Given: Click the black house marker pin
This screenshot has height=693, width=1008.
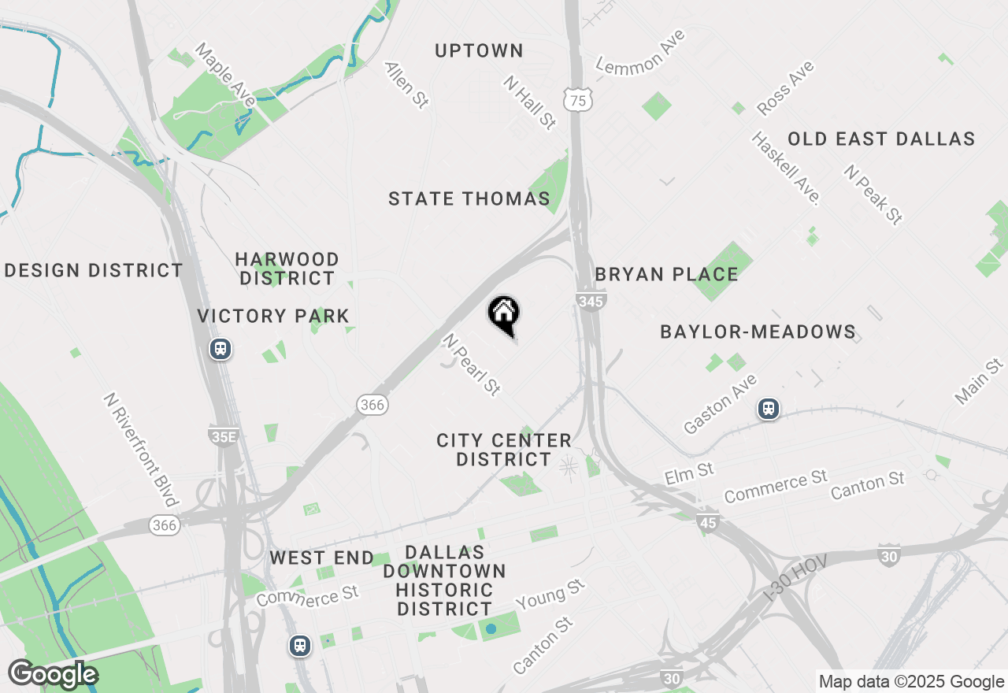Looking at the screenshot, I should point(504,315).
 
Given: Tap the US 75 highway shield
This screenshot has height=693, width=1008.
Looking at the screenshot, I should point(578,100).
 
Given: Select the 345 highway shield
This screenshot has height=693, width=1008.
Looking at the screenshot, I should point(591,301).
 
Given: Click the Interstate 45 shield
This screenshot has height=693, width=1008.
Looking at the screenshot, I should point(708,521).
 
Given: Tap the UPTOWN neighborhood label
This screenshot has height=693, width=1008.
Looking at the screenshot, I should point(479,51).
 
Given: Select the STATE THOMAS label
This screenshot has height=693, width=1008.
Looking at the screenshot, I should point(469,199).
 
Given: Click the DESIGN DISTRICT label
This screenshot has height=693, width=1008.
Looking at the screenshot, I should point(94,271).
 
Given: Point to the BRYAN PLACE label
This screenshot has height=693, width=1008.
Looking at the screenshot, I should point(666,275).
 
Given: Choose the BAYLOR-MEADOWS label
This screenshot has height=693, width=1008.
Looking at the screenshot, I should point(758,332).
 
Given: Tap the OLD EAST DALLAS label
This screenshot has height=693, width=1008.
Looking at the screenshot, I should point(881,139).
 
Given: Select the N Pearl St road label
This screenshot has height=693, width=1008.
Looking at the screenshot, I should point(471,364).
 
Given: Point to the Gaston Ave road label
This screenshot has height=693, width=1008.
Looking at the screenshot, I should point(720,404).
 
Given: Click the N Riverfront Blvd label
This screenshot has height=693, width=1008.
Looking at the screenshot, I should point(140,449).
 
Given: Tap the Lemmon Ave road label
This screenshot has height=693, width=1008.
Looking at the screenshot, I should point(640,52).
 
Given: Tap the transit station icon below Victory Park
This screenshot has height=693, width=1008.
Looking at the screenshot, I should point(220,348).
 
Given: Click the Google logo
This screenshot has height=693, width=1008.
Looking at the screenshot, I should point(53,675).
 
